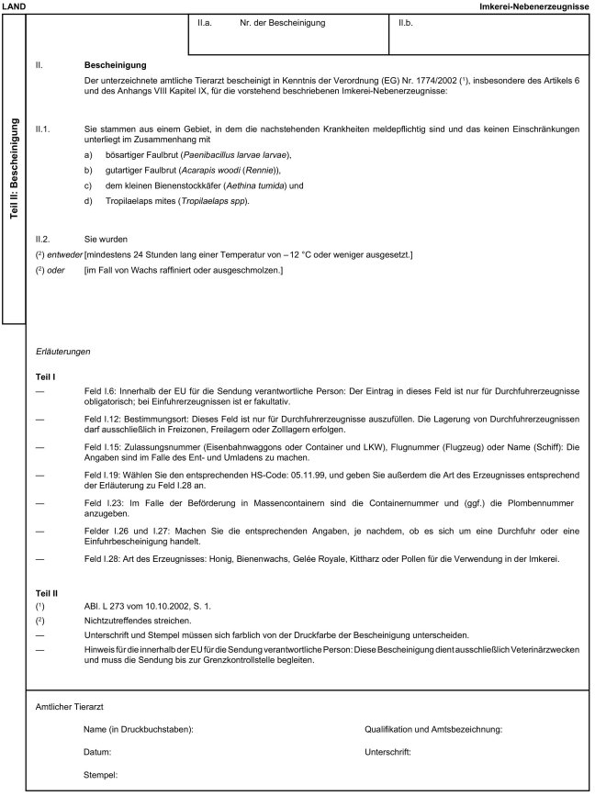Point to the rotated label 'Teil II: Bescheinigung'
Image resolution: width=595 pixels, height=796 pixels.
pyautogui.click(x=13, y=174)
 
